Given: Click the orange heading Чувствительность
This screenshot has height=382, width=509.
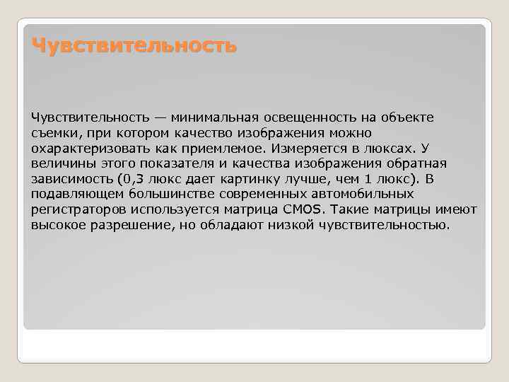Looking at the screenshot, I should tap(134, 47).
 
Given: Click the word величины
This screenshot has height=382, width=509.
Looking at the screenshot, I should tap(59, 163).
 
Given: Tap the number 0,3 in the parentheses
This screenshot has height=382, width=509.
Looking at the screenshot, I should tap(132, 179).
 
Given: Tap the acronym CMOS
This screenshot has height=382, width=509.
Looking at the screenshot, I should tap(303, 210).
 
